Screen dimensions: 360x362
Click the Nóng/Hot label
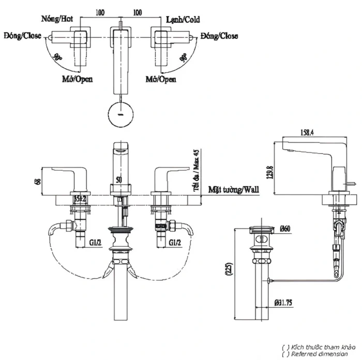[x=57, y=19]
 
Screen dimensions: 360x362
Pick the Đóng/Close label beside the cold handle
[x=220, y=36]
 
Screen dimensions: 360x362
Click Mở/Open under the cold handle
[x=161, y=80]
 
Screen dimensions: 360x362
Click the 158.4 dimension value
[x=309, y=133]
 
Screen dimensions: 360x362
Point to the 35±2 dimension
[x=80, y=198]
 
